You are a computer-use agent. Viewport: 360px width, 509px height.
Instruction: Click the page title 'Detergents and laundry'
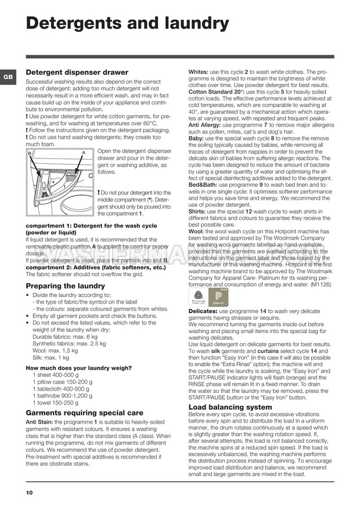pos(128,23)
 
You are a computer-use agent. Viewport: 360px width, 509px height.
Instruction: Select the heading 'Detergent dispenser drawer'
pos(77,73)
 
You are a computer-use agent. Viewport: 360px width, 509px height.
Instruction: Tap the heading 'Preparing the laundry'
pos(67,286)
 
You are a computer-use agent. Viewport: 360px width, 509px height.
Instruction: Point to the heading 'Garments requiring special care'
pos(85,413)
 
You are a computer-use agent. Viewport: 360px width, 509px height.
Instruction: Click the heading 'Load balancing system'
pos(231,407)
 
